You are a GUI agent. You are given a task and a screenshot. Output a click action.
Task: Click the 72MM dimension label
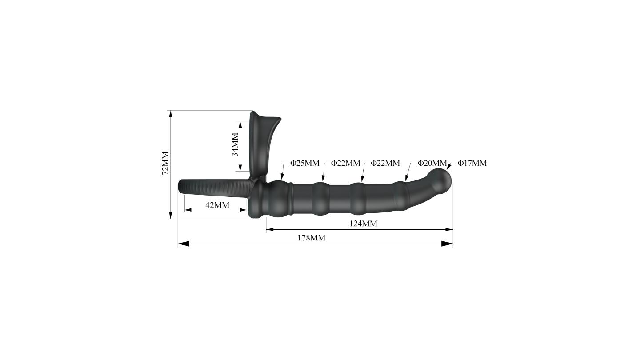click(165, 163)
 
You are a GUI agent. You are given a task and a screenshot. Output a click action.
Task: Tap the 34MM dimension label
click(235, 144)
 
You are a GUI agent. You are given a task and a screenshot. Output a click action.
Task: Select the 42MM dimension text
click(217, 205)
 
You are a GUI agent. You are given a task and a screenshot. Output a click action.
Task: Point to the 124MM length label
click(363, 224)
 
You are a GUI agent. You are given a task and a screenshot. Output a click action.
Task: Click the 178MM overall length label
click(312, 238)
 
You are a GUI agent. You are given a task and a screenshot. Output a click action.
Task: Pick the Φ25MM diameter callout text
click(305, 163)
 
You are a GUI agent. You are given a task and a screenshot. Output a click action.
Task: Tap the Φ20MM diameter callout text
click(432, 163)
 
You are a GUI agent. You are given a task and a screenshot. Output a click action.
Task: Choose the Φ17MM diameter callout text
click(472, 163)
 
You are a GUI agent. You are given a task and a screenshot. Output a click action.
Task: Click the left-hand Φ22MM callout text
click(346, 163)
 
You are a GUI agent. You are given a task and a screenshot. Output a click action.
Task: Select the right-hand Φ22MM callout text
click(385, 163)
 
